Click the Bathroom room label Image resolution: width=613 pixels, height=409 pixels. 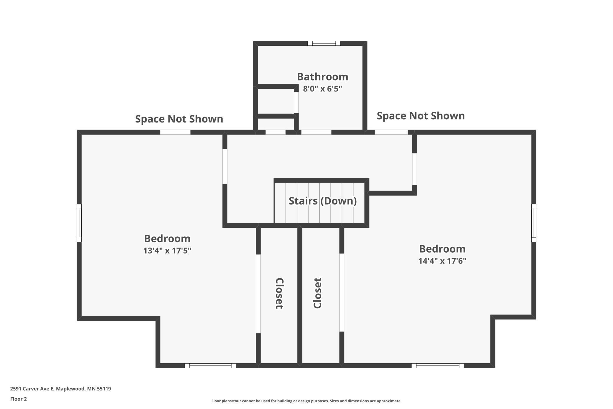(x=322, y=77)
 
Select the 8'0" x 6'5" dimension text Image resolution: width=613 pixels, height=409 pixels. (x=322, y=89)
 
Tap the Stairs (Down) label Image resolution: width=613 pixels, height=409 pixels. (x=323, y=201)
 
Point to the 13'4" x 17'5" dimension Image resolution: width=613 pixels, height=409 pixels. (x=167, y=251)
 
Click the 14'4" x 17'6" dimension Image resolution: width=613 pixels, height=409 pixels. (x=442, y=261)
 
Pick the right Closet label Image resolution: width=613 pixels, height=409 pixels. (x=317, y=293)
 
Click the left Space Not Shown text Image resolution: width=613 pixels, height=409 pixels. (x=179, y=119)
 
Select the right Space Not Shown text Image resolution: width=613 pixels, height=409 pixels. (x=421, y=116)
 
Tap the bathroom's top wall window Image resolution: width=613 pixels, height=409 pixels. (x=324, y=43)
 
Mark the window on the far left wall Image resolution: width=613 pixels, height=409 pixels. (x=79, y=223)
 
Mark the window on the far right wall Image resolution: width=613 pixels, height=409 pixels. (x=534, y=223)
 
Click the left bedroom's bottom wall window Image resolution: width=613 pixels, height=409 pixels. (x=210, y=366)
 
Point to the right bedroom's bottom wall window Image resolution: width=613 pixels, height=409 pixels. (x=438, y=366)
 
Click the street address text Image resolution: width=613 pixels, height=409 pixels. (x=61, y=389)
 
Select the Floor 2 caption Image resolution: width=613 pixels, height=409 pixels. (x=19, y=399)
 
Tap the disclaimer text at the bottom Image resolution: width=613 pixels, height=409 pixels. (x=306, y=401)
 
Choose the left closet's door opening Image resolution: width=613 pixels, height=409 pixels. (x=258, y=294)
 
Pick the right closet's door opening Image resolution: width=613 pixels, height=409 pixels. (x=342, y=292)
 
